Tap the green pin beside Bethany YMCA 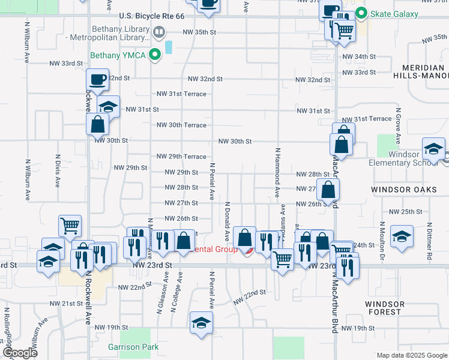coord(155,56)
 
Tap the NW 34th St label coord(358,56)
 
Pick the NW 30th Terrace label coord(181,125)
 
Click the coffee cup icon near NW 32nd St coord(97,80)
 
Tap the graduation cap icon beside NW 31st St coord(108,106)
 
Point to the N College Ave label coord(176,293)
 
